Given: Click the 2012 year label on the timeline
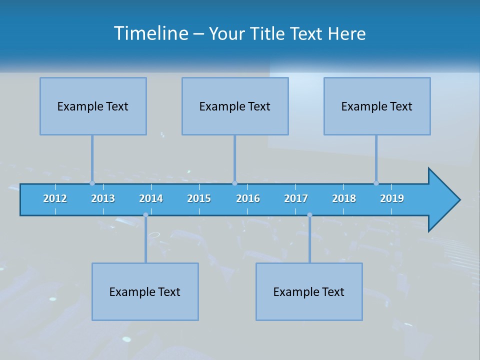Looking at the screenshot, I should (x=55, y=198).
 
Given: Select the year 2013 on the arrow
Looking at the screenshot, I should (x=103, y=198).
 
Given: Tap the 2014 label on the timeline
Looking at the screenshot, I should (x=151, y=198).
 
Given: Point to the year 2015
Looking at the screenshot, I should (x=199, y=198).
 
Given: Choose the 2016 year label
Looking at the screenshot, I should (x=248, y=198).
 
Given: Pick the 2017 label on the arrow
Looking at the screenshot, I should (x=296, y=198).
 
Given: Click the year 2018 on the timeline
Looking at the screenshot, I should (x=344, y=198).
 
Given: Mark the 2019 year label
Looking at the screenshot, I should (x=392, y=198).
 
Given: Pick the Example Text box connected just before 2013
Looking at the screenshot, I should (x=93, y=106).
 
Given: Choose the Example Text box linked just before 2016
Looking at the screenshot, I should (x=235, y=106).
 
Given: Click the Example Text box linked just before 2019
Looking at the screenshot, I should (x=377, y=106).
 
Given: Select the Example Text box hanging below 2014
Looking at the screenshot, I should (x=145, y=291).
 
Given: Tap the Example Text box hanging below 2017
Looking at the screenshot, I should (x=309, y=291).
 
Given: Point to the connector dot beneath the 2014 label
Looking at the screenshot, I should (x=145, y=215).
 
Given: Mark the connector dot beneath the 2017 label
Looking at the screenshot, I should (x=309, y=215).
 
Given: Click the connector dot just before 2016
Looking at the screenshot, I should (x=234, y=183).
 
